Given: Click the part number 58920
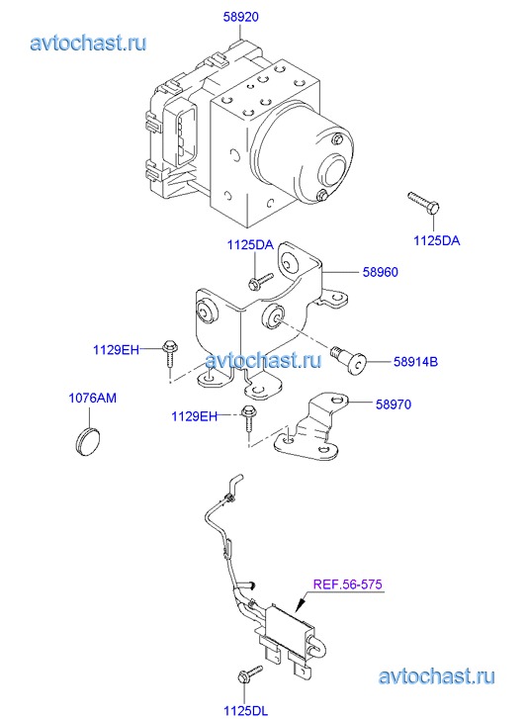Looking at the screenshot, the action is pyautogui.click(x=241, y=17).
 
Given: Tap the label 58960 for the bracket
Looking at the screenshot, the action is pyautogui.click(x=381, y=272).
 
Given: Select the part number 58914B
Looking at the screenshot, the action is pyautogui.click(x=415, y=362).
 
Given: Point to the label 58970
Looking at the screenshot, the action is pyautogui.click(x=394, y=404).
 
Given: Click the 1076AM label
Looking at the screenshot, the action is pyautogui.click(x=93, y=398).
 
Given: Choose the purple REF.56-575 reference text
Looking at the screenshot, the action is pyautogui.click(x=348, y=584).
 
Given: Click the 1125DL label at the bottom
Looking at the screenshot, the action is pyautogui.click(x=245, y=711).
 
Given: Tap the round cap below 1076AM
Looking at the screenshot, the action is pyautogui.click(x=88, y=441).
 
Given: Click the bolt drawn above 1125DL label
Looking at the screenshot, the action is pyautogui.click(x=249, y=674).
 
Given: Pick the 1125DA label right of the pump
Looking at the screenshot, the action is pyautogui.click(x=437, y=240).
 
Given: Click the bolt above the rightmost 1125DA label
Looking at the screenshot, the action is pyautogui.click(x=423, y=204).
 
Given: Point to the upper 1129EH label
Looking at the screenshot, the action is pyautogui.click(x=116, y=350).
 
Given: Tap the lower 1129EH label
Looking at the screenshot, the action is pyautogui.click(x=194, y=416).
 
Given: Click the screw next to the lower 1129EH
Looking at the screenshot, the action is pyautogui.click(x=248, y=417).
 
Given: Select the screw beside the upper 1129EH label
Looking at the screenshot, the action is pyautogui.click(x=170, y=353).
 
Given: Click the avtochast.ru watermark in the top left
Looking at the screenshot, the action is pyautogui.click(x=88, y=43).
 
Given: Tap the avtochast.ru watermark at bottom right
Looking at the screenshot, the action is pyautogui.click(x=437, y=676).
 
